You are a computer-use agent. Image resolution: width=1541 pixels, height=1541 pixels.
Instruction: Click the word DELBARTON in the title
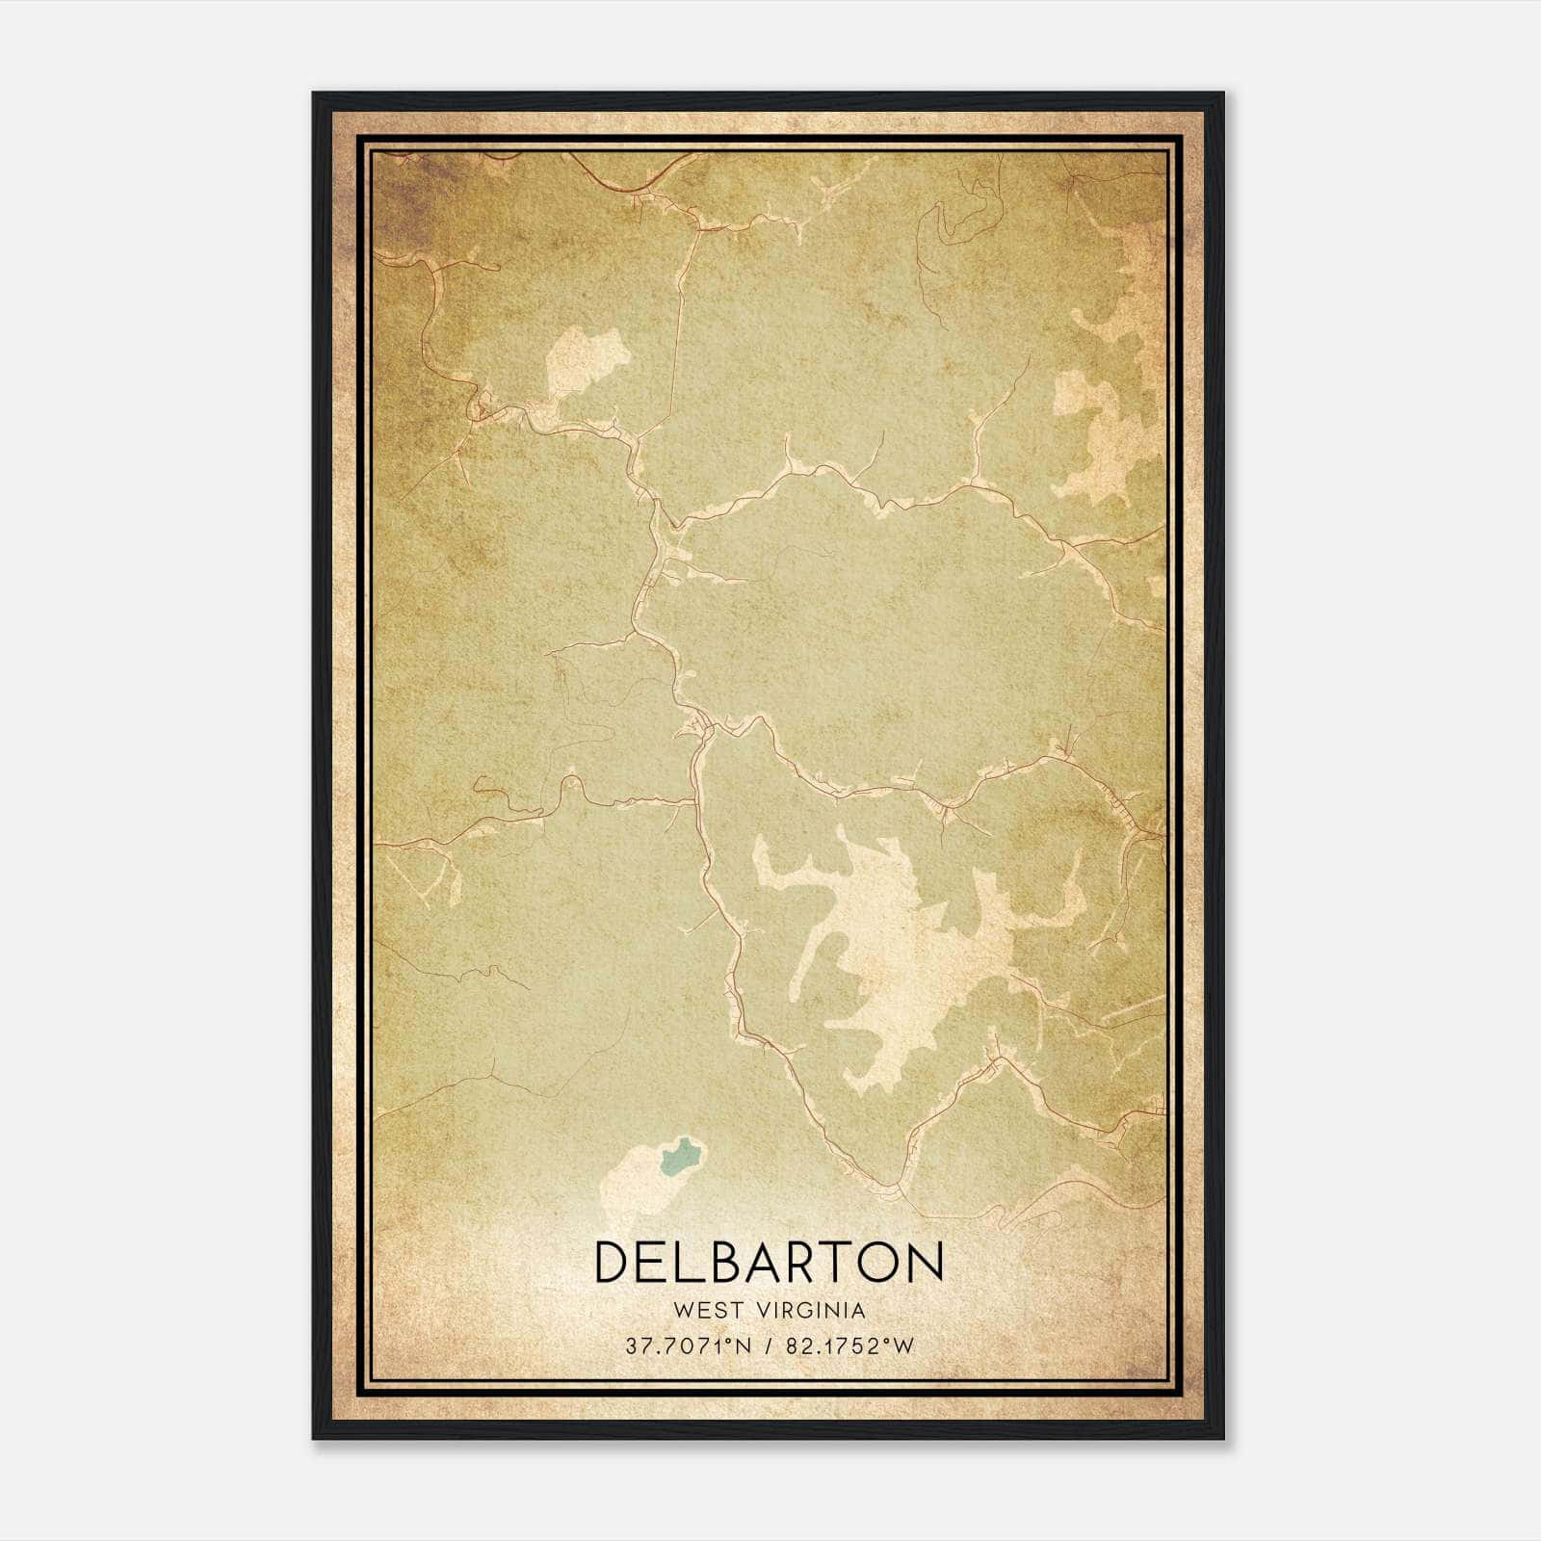pos(769,1262)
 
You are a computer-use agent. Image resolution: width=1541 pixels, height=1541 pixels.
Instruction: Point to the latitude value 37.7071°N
pos(688,1346)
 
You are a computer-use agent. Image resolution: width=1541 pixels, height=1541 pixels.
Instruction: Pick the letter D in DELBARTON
pos(614,1262)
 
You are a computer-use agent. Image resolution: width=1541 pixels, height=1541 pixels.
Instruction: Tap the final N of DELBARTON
pos(924,1262)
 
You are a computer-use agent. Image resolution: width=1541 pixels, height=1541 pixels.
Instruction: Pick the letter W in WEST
pos(684,1311)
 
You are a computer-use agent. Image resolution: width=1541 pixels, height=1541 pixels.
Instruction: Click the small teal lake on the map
pos(680,1155)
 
